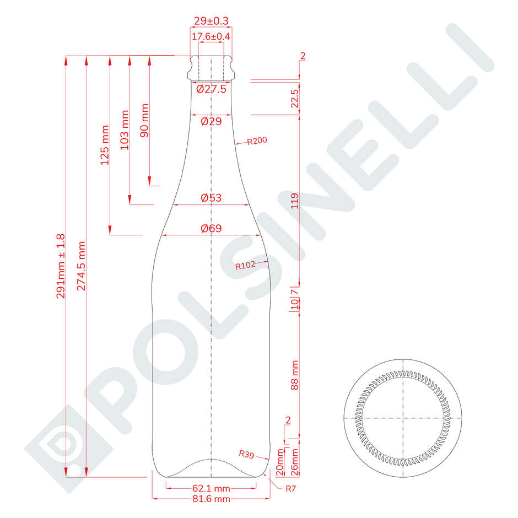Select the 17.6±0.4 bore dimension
tap(212, 37)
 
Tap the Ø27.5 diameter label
tap(212, 89)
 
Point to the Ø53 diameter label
tap(212, 197)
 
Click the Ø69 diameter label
tap(212, 228)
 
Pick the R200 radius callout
tap(257, 141)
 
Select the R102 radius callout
tap(245, 266)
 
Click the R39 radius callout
tap(246, 454)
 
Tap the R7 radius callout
tap(290, 488)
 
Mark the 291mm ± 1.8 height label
tap(61, 266)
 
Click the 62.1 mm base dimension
tap(212, 488)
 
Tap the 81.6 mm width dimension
tap(212, 499)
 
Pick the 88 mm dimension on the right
tap(294, 375)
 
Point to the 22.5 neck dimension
tap(294, 99)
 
